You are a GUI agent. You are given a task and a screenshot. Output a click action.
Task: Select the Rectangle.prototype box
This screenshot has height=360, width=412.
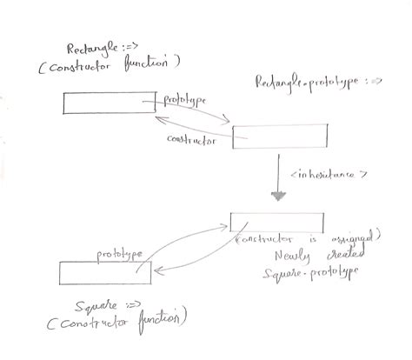279,137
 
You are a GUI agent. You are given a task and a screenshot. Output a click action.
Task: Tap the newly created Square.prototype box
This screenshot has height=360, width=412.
276,222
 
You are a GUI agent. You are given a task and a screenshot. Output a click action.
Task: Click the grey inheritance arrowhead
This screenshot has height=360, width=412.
278,195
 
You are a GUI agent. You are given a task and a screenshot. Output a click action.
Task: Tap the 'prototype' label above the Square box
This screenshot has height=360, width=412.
119,253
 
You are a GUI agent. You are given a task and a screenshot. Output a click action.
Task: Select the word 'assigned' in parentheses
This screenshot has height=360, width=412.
354,237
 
